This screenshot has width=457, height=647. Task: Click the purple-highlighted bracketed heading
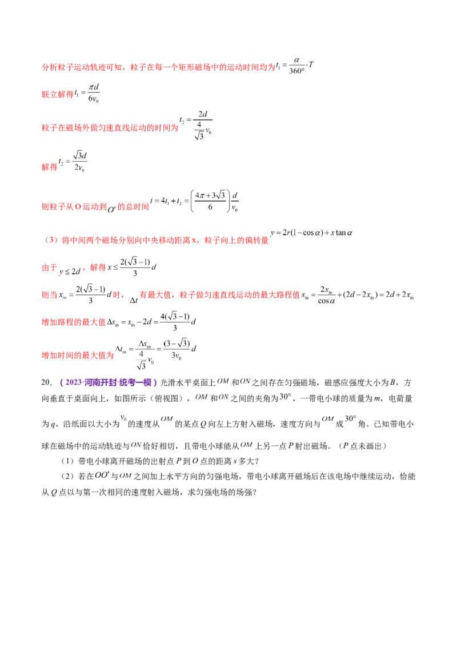109,382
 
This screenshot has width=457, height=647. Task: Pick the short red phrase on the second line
57,95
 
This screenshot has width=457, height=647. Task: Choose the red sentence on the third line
109,129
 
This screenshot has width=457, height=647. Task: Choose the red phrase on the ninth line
74,323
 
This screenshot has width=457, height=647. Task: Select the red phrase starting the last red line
77,354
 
